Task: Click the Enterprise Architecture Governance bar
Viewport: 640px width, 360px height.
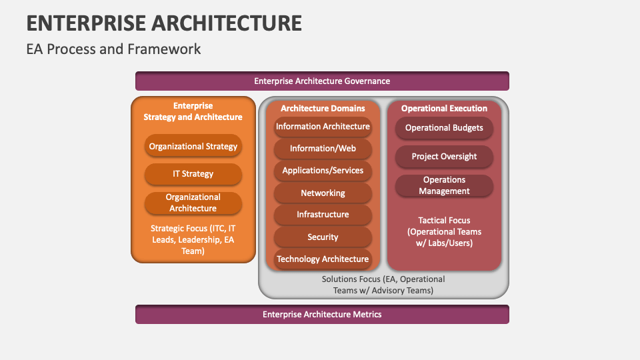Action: pos(322,81)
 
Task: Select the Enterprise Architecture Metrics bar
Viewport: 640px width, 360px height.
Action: pos(322,314)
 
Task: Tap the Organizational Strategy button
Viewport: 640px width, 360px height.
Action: pos(193,147)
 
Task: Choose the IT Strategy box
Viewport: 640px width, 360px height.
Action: pos(193,174)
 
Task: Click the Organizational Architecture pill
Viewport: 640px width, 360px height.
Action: pos(193,203)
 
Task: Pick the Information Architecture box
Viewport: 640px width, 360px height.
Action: pos(323,127)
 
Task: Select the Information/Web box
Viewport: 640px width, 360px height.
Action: pos(323,149)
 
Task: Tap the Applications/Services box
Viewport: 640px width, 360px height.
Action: pos(323,171)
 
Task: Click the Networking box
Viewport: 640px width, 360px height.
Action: pos(323,193)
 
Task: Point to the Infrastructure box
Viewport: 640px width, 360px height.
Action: pos(323,215)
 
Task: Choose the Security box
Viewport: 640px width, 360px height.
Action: pos(323,237)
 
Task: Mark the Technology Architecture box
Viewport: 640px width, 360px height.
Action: pos(323,259)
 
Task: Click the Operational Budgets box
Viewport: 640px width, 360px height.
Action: pos(444,128)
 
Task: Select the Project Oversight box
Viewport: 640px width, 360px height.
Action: pos(444,157)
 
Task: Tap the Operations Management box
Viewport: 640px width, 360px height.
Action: pos(444,185)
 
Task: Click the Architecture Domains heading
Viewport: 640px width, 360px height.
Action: pos(323,108)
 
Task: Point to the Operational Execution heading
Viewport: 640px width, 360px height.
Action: pos(444,108)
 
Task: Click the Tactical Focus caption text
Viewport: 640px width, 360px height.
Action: pos(444,231)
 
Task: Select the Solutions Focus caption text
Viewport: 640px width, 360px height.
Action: pos(383,285)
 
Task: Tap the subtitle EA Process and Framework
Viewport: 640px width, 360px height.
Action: pos(113,49)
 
